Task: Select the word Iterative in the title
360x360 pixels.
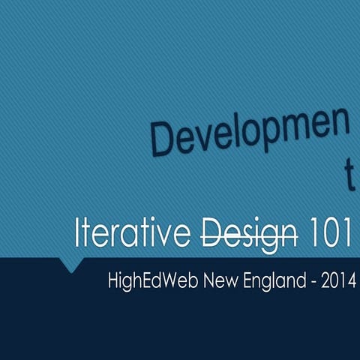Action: (x=131, y=234)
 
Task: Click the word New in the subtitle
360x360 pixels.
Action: (x=208, y=283)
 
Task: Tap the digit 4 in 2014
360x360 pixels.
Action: (x=352, y=283)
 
